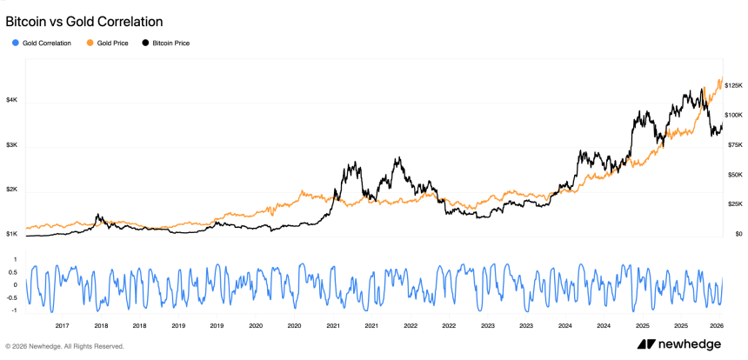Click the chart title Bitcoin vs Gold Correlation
pyautogui.click(x=83, y=20)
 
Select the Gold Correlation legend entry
pyautogui.click(x=47, y=43)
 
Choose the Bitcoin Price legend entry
pyautogui.click(x=170, y=43)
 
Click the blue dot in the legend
pyautogui.click(x=16, y=43)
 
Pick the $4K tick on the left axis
pyautogui.click(x=11, y=101)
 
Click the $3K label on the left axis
pyautogui.click(x=11, y=145)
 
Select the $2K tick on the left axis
pyautogui.click(x=11, y=190)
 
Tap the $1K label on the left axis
pyautogui.click(x=11, y=234)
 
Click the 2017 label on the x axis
pyautogui.click(x=63, y=326)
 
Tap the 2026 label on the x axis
pyautogui.click(x=718, y=326)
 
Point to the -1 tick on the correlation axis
pyautogui.click(x=15, y=310)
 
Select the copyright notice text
pyautogui.click(x=64, y=346)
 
